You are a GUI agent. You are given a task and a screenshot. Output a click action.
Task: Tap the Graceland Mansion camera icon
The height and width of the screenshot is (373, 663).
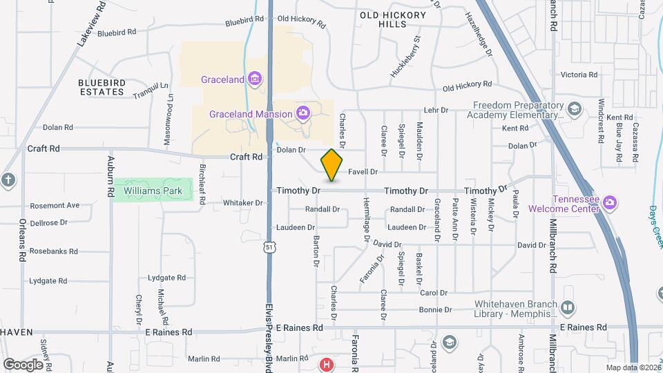(302, 113)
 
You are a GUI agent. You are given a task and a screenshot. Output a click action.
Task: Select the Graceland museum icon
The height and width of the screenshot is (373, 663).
(255, 79)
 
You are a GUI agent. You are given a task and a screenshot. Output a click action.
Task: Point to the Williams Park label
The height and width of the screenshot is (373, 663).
(147, 190)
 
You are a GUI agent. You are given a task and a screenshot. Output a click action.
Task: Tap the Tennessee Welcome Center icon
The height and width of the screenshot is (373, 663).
(609, 202)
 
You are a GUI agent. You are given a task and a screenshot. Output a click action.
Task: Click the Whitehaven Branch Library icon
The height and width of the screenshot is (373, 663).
(568, 307)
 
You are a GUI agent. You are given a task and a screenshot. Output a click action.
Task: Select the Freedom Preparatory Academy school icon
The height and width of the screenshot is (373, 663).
(574, 109)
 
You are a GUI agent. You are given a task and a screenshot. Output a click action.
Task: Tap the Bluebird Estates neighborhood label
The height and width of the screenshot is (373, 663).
(102, 86)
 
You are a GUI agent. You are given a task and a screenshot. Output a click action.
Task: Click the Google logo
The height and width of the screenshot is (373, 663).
(23, 364)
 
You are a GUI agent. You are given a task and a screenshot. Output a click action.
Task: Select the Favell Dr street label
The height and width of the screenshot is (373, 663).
(363, 171)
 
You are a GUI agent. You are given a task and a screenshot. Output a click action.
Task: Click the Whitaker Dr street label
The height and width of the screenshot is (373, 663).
(242, 203)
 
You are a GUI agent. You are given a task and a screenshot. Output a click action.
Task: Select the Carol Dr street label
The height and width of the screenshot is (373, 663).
(434, 293)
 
